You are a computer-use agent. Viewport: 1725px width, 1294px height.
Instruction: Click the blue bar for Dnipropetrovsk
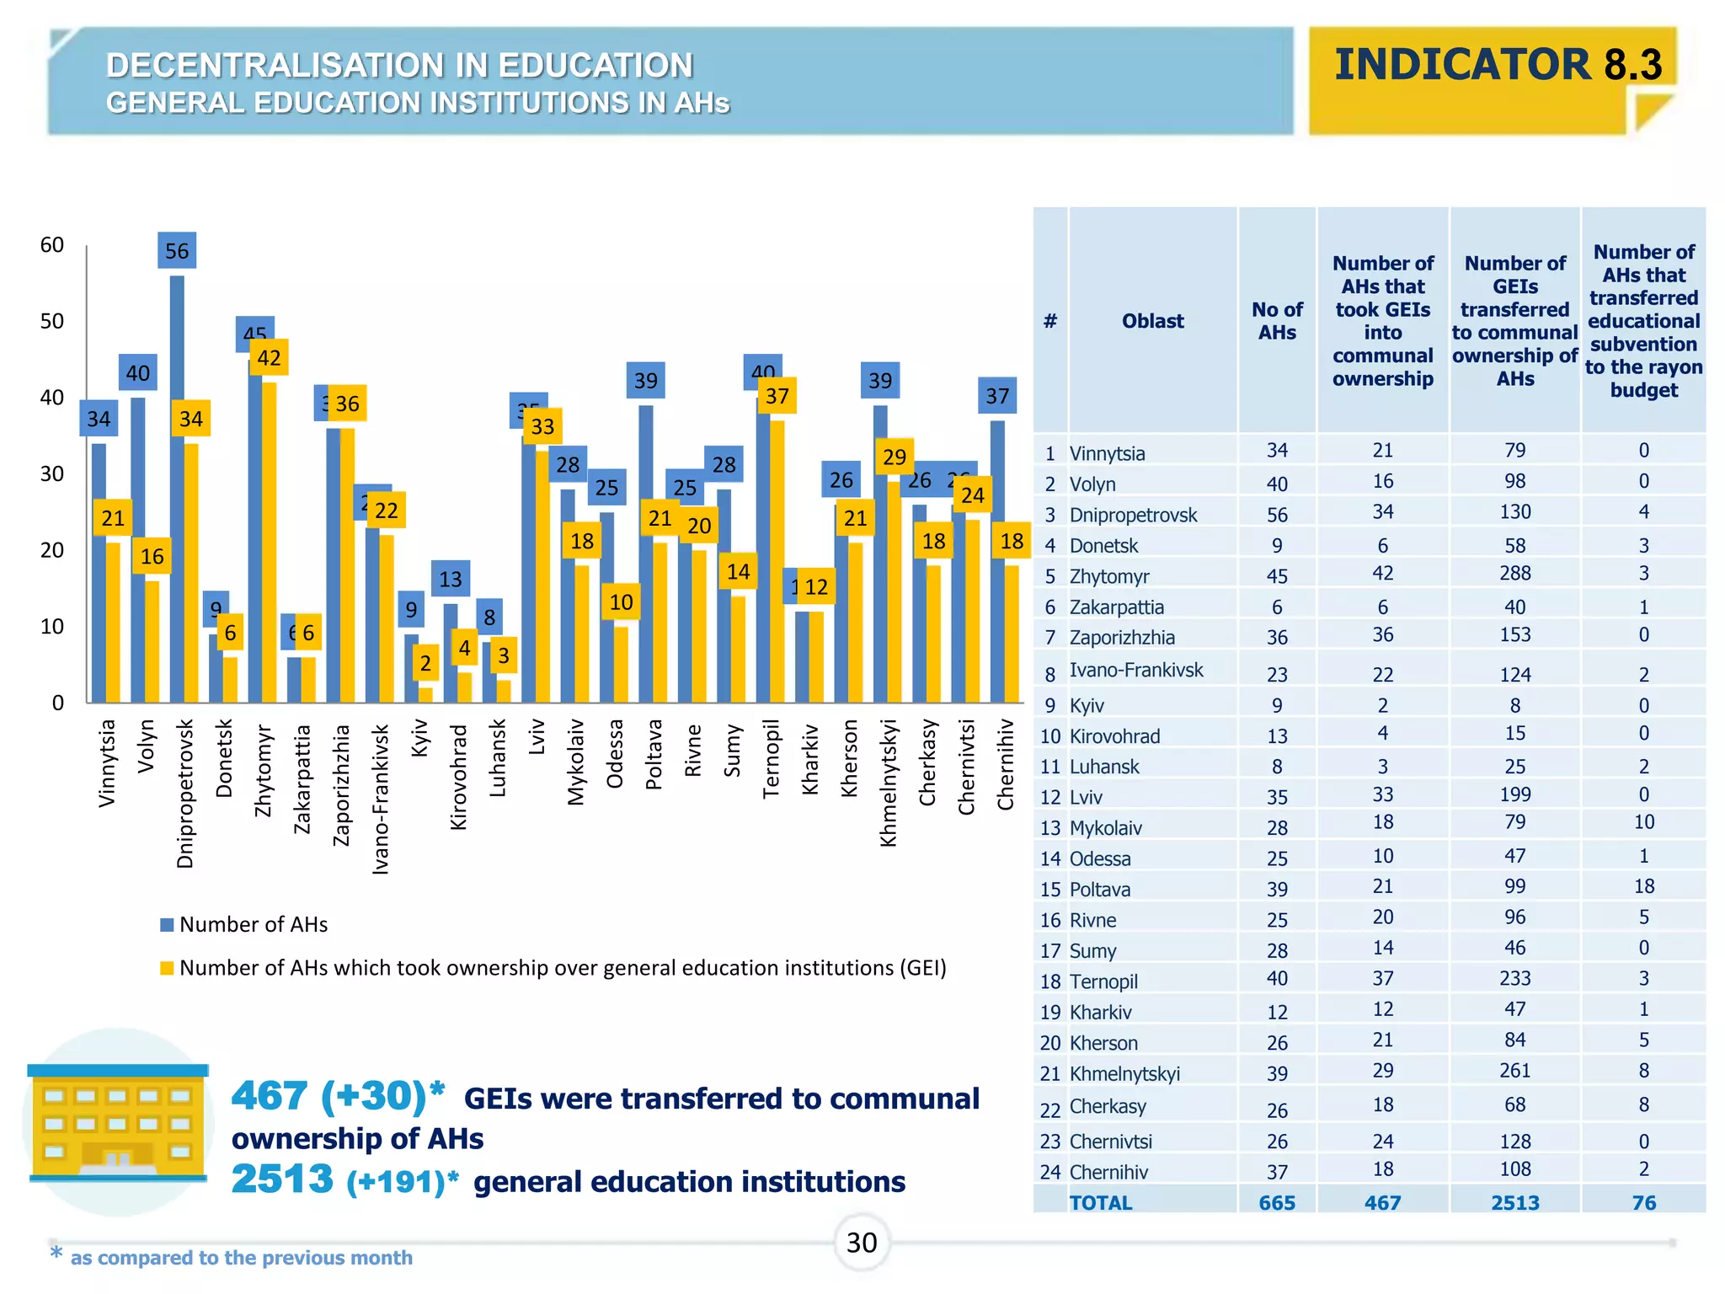point(177,489)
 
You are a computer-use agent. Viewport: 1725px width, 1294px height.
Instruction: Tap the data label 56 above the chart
point(177,251)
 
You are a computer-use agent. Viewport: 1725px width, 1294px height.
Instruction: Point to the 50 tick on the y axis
point(52,322)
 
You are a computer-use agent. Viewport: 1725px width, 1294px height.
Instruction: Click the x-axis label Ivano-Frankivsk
point(381,799)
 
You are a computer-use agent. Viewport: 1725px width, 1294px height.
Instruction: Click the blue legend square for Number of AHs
point(167,925)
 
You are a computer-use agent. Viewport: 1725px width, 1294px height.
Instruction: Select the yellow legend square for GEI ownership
point(167,968)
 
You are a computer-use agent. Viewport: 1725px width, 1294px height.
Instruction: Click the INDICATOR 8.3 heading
point(1498,65)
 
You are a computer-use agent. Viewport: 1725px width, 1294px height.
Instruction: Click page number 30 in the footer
point(862,1243)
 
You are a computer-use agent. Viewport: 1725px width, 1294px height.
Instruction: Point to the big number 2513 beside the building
point(282,1179)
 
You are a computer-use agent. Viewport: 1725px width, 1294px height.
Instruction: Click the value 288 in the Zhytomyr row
point(1514,574)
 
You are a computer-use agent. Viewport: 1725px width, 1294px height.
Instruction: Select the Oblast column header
point(1152,321)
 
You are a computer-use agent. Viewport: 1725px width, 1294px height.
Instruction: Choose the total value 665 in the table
point(1277,1203)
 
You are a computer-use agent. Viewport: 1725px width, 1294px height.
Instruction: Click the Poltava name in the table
point(1100,890)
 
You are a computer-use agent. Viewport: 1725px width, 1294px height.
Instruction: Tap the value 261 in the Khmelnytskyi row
point(1514,1071)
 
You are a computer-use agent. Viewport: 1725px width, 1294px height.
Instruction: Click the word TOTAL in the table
point(1100,1203)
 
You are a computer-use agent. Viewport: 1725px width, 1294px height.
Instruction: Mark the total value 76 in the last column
point(1643,1203)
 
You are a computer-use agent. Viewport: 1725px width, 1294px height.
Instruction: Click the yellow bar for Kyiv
point(425,695)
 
